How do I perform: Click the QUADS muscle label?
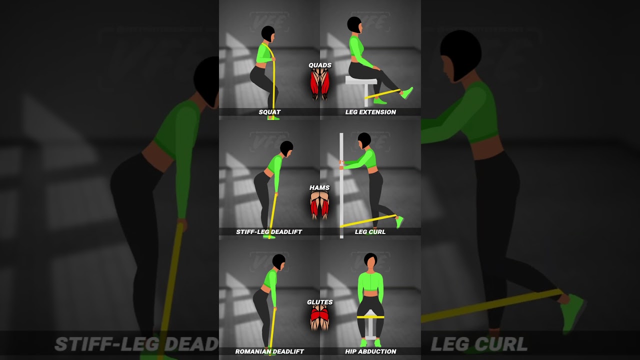[x=320, y=65]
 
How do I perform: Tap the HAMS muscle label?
[x=319, y=188]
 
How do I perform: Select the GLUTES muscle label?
[x=320, y=302]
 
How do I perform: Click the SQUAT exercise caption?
[x=269, y=112]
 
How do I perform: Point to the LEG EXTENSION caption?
[x=370, y=112]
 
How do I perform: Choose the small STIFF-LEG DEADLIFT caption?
[x=269, y=232]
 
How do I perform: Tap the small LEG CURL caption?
[x=370, y=232]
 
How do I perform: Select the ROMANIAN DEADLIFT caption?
[x=269, y=351]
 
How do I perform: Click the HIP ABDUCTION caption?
[x=370, y=351]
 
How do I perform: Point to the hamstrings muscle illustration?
[x=319, y=205]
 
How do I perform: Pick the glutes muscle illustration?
[x=319, y=318]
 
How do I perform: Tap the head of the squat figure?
[x=268, y=34]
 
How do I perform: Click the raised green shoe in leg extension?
[x=407, y=93]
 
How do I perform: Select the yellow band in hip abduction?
[x=370, y=317]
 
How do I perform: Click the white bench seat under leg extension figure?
[x=361, y=80]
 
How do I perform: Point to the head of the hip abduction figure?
[x=370, y=260]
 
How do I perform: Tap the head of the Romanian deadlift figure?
[x=279, y=261]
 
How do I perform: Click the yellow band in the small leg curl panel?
[x=368, y=221]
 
